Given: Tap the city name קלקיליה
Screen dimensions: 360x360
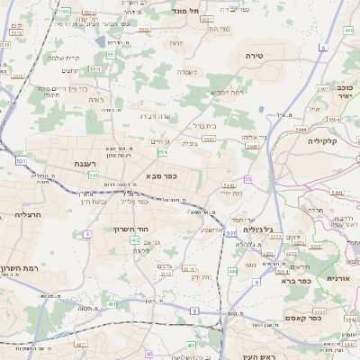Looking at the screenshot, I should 320,141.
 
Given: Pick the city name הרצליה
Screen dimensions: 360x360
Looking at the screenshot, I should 29,215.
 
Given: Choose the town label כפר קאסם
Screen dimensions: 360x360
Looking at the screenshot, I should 301,318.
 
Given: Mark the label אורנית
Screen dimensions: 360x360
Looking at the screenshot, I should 338,279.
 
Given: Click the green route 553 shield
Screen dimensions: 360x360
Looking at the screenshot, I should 112,56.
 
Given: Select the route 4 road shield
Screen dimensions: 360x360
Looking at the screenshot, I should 87,234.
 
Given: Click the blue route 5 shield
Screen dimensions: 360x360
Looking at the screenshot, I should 193,310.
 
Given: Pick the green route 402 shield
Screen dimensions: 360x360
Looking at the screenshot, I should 134,241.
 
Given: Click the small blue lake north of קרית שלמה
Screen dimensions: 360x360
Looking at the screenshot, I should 97,41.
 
